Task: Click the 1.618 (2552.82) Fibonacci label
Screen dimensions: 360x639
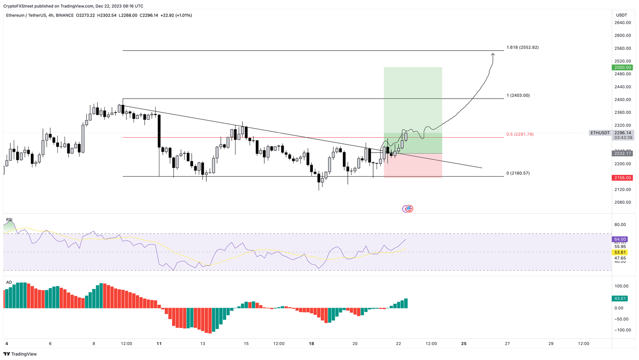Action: pos(522,47)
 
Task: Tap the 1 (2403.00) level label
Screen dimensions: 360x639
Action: pos(518,96)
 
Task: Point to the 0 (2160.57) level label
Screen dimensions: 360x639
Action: pos(518,173)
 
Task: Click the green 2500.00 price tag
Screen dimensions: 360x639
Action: pos(622,67)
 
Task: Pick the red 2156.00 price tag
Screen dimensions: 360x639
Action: pos(622,178)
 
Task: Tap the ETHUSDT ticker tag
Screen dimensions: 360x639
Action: pos(599,133)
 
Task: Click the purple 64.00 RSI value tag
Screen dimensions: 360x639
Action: pos(620,239)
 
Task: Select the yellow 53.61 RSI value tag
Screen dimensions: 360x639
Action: pos(620,252)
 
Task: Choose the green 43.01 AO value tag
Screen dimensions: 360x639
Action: pos(620,298)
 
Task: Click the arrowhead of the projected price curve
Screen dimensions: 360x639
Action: pos(493,54)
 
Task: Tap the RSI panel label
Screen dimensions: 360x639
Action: pos(9,219)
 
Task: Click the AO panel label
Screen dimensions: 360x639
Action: pos(9,282)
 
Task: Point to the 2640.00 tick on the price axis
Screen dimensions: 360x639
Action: pos(622,23)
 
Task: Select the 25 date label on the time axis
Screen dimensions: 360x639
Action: pos(464,344)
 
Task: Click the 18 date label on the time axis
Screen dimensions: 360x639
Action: pos(311,344)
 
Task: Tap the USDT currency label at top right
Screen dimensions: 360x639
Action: pos(621,15)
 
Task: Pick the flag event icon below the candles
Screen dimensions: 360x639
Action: pos(409,209)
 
